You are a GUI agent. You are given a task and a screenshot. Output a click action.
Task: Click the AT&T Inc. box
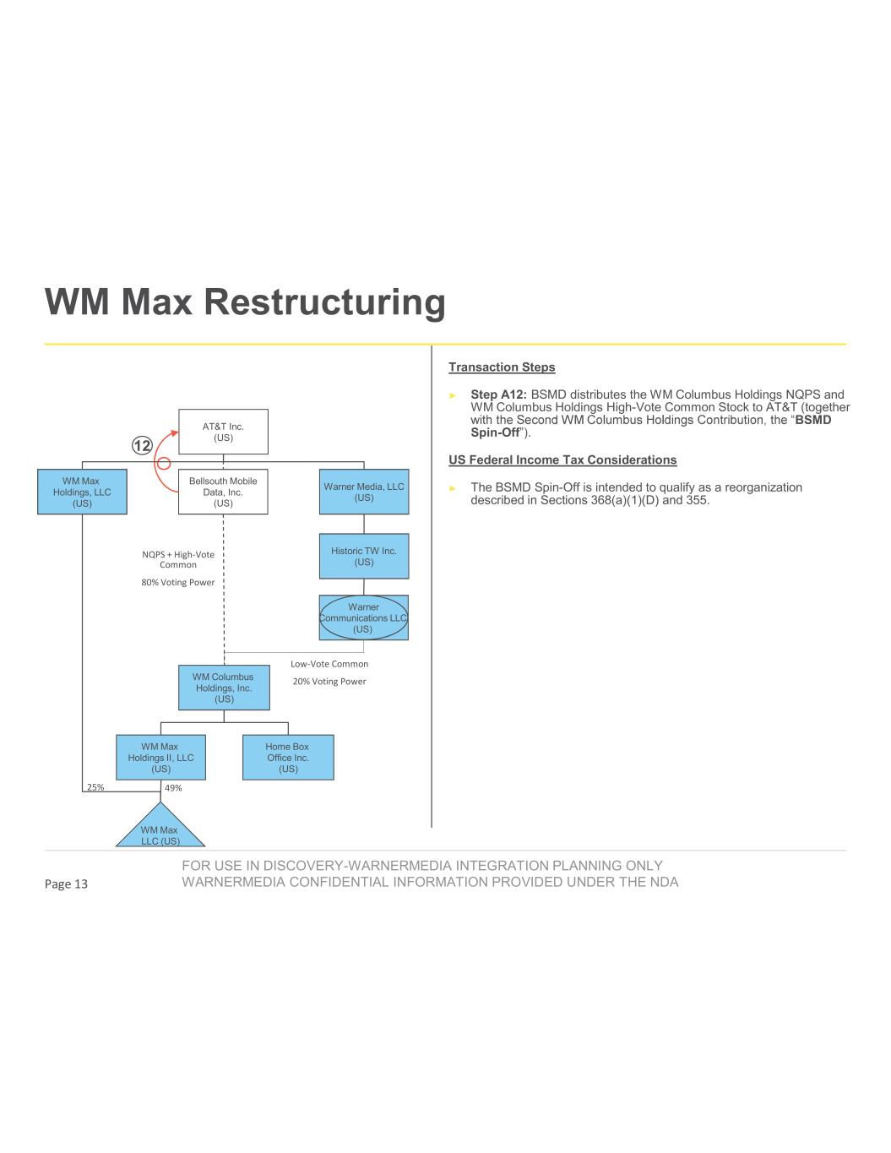coord(223,432)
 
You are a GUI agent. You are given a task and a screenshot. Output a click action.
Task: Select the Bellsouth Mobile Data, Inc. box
coord(223,492)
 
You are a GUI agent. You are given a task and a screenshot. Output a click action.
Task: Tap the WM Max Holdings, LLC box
coord(82,492)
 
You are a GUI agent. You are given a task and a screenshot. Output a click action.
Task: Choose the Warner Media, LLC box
coord(364,492)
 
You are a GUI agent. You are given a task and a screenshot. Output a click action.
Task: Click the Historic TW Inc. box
coord(364,556)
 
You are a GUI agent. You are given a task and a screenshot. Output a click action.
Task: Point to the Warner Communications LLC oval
coord(363,617)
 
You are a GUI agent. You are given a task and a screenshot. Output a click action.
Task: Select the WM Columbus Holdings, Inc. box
coord(224,688)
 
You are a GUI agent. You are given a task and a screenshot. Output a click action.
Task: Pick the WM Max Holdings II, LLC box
coord(160,757)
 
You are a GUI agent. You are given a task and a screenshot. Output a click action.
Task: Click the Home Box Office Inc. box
coord(288,757)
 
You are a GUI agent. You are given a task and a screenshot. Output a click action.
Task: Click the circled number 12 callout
coord(143,446)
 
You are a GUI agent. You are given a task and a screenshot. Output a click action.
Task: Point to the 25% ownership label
coord(95,787)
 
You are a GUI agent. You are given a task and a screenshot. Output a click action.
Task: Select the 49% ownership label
coord(173,787)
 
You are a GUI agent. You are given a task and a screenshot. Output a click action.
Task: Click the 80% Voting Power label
coord(178,582)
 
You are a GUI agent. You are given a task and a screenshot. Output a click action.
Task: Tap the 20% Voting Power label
coord(329,681)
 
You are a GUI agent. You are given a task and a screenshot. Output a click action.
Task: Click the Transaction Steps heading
coord(502,367)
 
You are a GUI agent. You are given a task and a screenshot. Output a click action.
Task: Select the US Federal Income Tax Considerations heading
coord(562,460)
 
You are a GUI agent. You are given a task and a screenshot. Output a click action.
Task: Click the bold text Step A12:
coord(498,394)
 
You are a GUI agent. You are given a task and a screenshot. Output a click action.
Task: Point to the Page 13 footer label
coord(66,884)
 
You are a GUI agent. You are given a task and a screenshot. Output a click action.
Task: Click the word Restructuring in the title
coord(325,302)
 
